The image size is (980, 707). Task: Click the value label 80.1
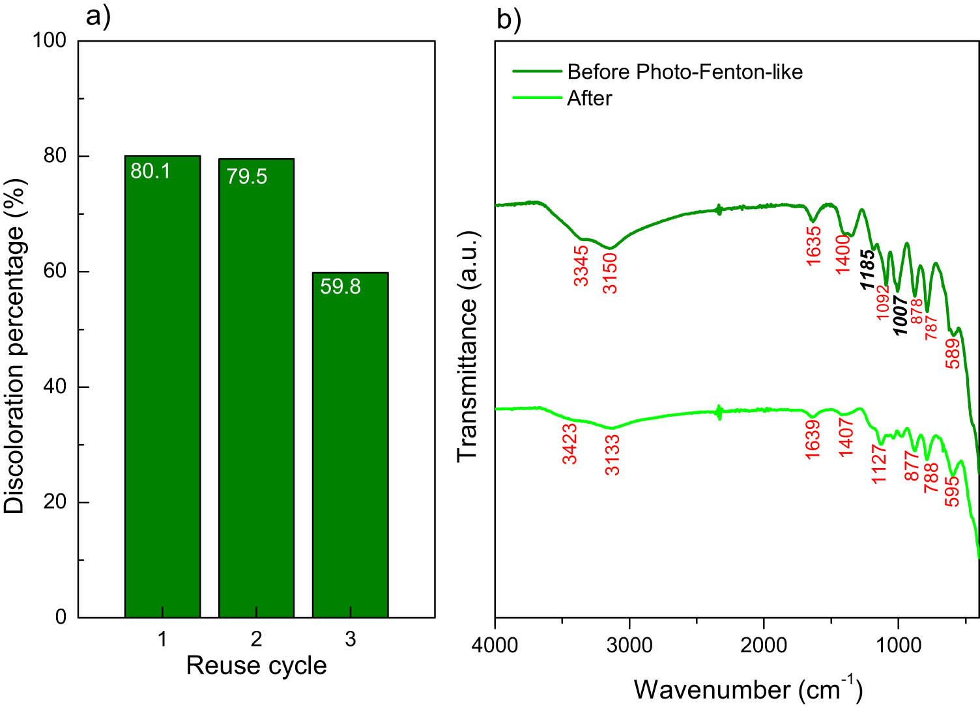point(151,171)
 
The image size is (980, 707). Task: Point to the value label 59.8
point(340,286)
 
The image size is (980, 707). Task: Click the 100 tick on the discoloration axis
point(50,40)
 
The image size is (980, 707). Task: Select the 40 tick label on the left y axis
point(55,387)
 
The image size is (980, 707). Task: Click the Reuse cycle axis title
point(256,665)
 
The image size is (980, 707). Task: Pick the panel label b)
point(509,20)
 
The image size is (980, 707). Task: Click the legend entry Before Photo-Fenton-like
point(684,72)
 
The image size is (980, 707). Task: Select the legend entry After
point(589,98)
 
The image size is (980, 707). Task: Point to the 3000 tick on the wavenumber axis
point(629,645)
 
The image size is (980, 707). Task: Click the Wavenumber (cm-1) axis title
point(747,689)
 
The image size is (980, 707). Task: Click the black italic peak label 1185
point(867,270)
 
